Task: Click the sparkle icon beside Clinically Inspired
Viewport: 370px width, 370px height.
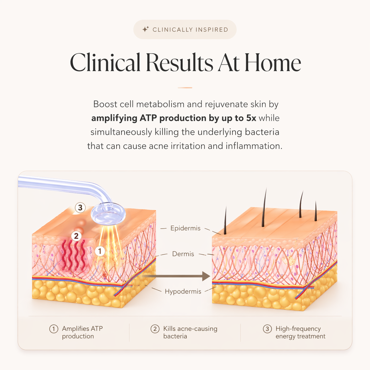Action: [145, 29]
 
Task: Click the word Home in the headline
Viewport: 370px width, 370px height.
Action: [273, 62]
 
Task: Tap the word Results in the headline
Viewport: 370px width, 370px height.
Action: [179, 62]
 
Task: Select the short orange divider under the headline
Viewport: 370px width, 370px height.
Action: [185, 88]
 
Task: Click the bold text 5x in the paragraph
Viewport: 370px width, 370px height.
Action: [251, 118]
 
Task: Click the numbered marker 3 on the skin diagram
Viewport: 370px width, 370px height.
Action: [80, 207]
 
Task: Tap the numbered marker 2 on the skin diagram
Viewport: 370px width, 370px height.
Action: [76, 236]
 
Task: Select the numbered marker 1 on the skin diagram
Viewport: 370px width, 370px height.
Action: [100, 251]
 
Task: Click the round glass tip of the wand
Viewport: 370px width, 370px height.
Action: [108, 214]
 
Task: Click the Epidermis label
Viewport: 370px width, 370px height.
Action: [185, 228]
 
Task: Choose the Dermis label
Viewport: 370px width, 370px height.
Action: [183, 254]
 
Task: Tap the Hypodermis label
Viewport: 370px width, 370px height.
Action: [183, 292]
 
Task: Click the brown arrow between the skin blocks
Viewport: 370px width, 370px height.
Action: [176, 276]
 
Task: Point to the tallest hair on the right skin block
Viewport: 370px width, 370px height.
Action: [264, 207]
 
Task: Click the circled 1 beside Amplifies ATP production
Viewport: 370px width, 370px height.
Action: [54, 329]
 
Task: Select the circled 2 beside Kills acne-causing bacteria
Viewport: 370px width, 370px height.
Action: [155, 329]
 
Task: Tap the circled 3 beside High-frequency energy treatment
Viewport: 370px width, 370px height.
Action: [267, 329]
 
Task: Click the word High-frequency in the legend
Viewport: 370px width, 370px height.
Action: [298, 329]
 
